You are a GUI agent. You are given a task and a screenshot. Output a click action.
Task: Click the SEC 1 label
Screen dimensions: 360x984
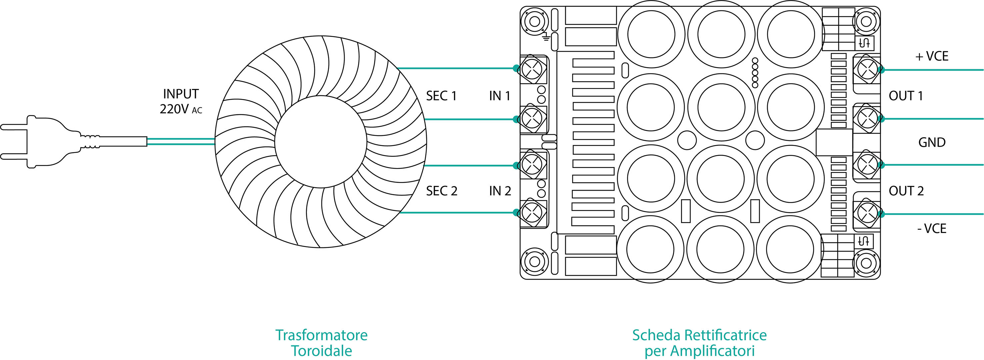441,96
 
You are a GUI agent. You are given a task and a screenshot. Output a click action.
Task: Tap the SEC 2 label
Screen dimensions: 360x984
442,191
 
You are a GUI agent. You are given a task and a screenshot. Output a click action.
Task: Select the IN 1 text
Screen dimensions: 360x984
499,96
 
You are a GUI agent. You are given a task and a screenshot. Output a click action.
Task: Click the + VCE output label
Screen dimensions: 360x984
931,57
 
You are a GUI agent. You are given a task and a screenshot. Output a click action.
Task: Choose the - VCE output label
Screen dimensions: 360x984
931,229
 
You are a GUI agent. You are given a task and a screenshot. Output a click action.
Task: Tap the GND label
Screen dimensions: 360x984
932,142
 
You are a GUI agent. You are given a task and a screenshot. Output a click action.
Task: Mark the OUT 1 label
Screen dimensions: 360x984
906,96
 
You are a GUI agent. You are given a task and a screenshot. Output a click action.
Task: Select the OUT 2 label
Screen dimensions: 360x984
906,191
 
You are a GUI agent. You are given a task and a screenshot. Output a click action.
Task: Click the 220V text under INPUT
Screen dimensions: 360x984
174,109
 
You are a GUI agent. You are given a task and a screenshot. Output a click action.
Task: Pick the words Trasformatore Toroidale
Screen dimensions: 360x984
321,343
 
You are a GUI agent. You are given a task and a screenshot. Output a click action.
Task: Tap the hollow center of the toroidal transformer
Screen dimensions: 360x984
321,142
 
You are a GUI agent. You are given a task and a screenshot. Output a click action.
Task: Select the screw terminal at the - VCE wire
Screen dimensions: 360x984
867,214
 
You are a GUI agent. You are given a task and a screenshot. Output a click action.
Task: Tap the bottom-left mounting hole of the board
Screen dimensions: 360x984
534,262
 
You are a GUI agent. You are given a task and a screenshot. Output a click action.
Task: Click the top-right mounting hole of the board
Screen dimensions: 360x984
866,21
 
